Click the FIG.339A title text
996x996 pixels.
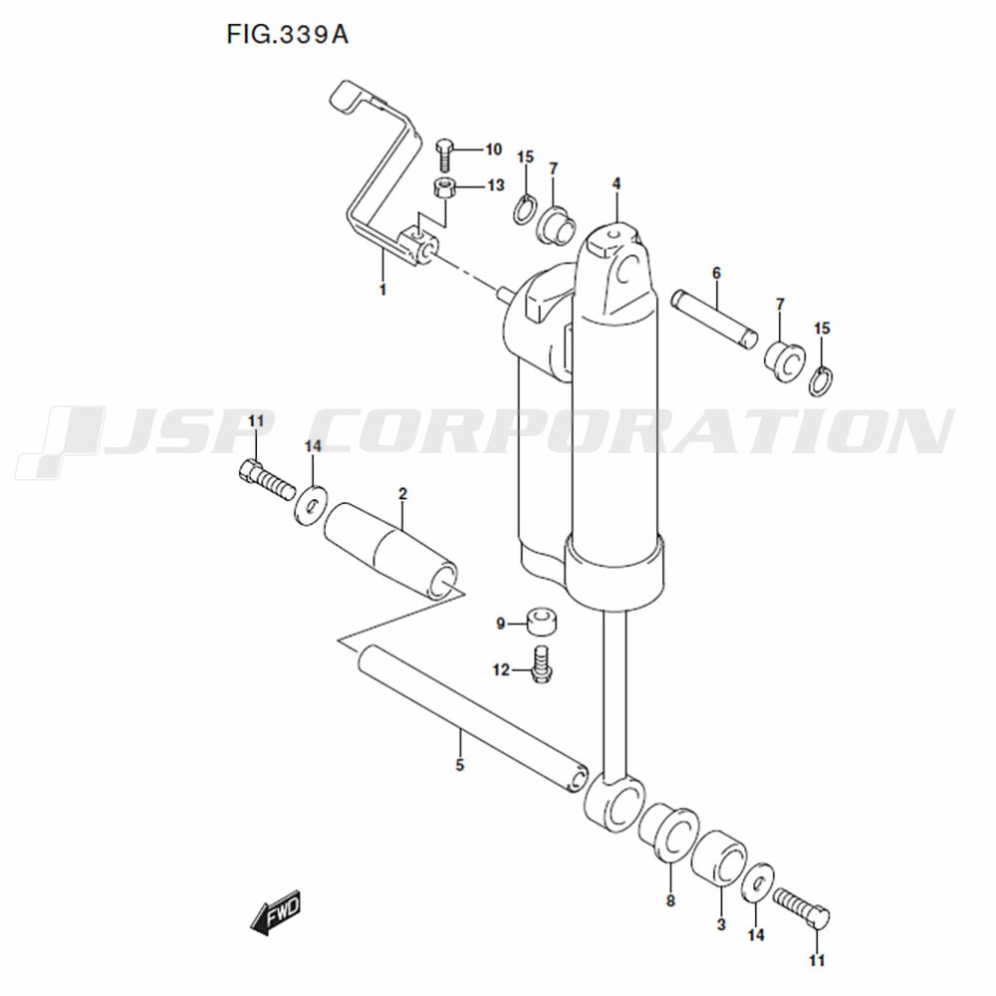[x=287, y=35]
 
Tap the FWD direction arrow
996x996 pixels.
[x=275, y=912]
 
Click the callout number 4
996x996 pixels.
[x=617, y=183]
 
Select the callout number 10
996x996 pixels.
[x=494, y=150]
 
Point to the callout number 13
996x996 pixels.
[x=495, y=185]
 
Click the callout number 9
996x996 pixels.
[x=501, y=624]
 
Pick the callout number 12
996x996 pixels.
[x=501, y=670]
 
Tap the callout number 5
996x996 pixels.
[x=460, y=765]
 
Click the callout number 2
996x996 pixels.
[x=402, y=494]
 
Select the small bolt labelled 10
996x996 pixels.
[x=444, y=155]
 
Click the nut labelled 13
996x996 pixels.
[x=444, y=188]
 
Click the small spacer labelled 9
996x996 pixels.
[x=542, y=622]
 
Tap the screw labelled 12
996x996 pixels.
[x=541, y=665]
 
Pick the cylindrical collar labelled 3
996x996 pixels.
[x=719, y=858]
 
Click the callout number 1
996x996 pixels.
[x=382, y=290]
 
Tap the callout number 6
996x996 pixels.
[x=716, y=273]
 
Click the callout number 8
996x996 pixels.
[x=670, y=900]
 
